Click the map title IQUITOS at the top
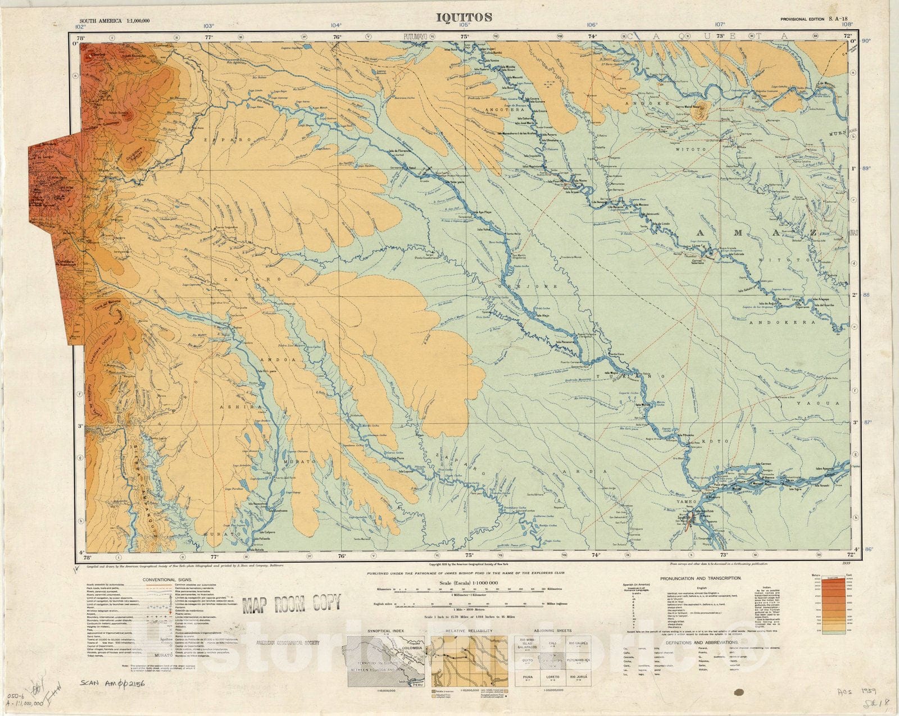click(x=464, y=17)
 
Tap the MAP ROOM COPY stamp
click(x=291, y=604)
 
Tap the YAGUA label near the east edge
click(x=825, y=403)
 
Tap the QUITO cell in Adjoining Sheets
click(x=528, y=661)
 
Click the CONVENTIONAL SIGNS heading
click(x=167, y=580)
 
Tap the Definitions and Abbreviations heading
click(x=702, y=642)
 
